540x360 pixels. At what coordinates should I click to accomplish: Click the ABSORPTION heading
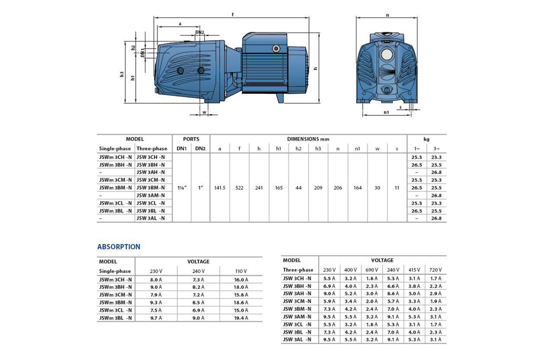tap(119, 247)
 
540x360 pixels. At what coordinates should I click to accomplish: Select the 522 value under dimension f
tap(239, 187)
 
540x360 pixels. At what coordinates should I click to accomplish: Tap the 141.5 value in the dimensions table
tap(220, 187)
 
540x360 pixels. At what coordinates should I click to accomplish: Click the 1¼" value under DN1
tap(181, 187)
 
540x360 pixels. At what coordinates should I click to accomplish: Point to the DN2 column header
tap(200, 148)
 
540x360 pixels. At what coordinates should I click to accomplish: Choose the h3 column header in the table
tap(318, 148)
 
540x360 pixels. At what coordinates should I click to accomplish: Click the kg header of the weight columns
tap(427, 139)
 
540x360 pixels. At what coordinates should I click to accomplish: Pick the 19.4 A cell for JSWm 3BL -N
tap(241, 318)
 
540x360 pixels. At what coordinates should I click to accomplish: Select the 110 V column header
tap(241, 271)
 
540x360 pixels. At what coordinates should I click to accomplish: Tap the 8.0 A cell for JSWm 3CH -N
tap(156, 279)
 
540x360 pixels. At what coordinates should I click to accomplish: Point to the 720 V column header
tap(435, 270)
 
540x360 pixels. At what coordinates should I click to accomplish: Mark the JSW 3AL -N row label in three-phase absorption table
tap(297, 340)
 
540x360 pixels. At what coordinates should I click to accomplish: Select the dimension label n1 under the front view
tap(386, 112)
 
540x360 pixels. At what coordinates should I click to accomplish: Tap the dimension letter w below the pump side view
tap(204, 112)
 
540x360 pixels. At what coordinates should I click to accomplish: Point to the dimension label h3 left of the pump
tap(122, 74)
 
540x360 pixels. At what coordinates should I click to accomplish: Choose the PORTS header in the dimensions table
tap(191, 139)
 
